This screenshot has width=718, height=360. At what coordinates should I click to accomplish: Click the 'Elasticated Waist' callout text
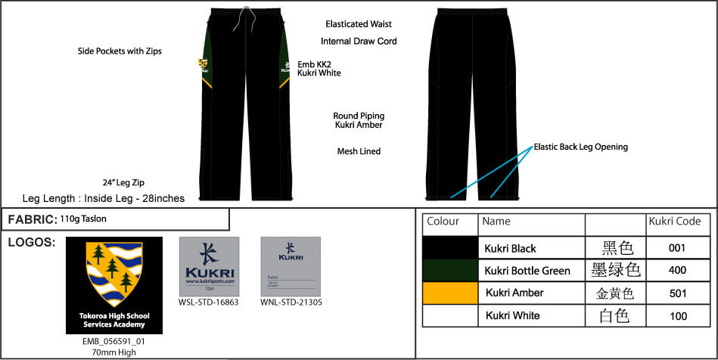359,24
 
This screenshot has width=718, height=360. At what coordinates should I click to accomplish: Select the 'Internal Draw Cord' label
359,42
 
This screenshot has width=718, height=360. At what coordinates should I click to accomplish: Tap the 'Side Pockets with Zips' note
120,51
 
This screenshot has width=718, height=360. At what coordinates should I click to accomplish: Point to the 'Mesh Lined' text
359,151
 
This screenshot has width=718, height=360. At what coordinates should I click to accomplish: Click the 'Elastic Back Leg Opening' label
580,147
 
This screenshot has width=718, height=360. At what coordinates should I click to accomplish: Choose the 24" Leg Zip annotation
123,183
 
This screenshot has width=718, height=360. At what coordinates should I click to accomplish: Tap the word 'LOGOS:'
30,243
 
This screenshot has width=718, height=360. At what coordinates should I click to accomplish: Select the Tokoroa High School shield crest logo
113,277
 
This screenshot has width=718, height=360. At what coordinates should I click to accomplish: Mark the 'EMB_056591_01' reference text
113,341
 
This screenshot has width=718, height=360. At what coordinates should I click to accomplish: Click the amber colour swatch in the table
450,293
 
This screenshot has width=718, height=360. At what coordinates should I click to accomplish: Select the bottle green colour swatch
450,270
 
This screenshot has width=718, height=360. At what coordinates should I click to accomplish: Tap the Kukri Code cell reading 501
677,293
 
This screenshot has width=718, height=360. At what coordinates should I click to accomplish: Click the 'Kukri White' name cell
512,315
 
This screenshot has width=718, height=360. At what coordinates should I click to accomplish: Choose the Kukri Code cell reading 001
677,248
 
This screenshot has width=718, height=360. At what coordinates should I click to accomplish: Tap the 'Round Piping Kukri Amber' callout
358,120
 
